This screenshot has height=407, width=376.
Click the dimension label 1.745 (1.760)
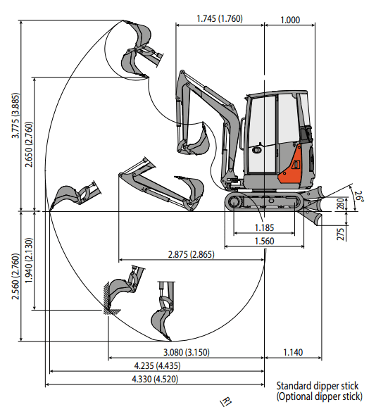220,19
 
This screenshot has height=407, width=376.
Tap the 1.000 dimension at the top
290,20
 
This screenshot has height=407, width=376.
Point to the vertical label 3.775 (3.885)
15,115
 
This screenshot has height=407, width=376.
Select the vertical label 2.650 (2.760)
29,144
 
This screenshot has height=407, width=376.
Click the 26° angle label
359,196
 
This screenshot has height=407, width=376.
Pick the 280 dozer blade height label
341,203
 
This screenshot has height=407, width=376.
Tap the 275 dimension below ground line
341,234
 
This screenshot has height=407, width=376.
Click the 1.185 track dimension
264,227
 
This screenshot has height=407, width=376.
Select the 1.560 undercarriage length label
264,241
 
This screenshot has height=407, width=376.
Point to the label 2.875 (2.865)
192,254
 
